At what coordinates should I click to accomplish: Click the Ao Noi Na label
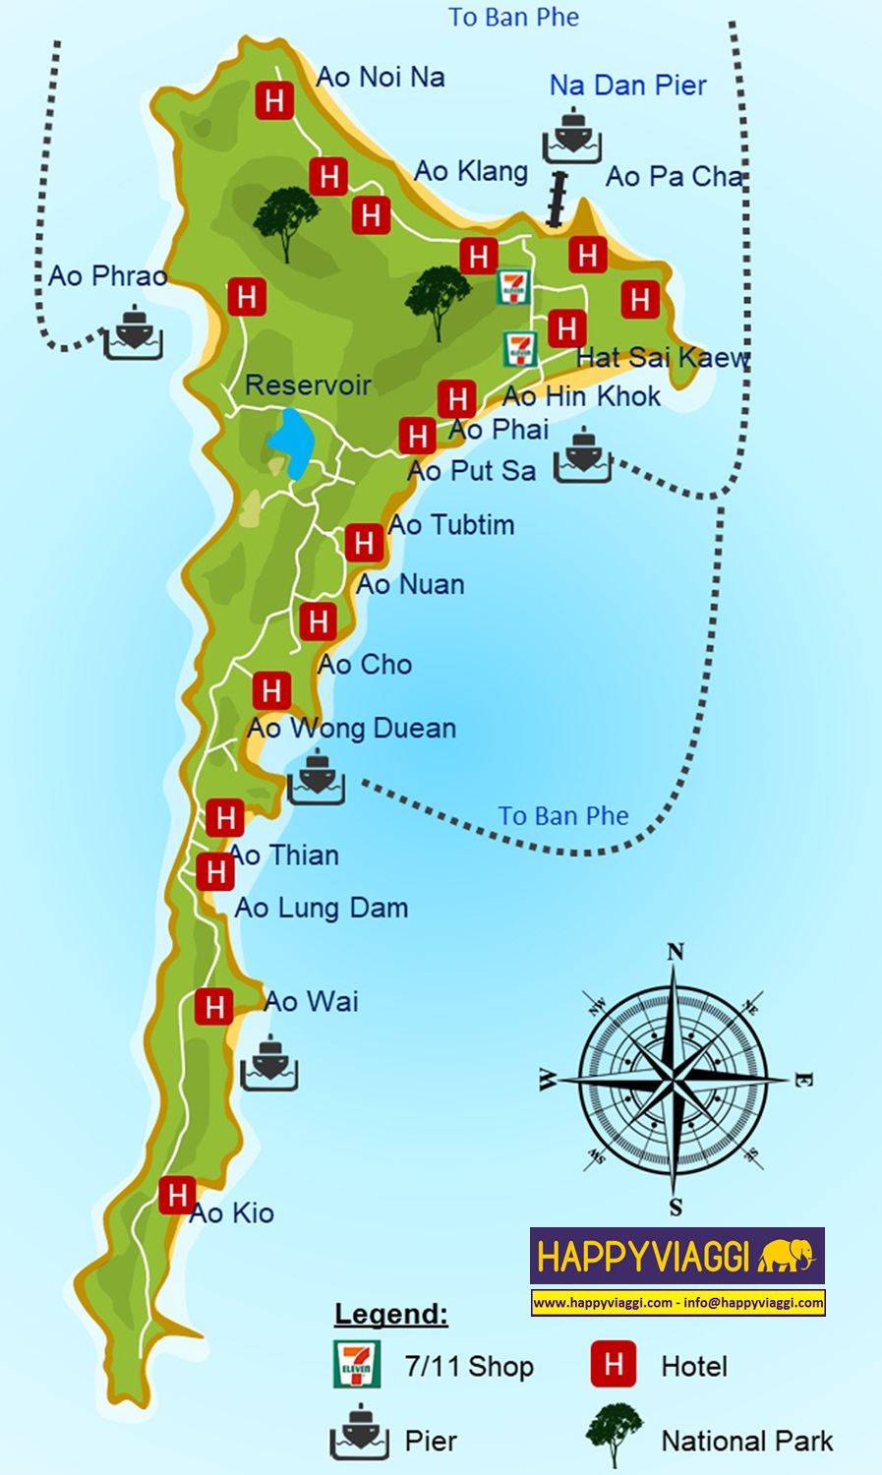point(381,77)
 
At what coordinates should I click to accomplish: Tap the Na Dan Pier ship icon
point(571,137)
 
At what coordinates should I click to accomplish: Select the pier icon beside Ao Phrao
point(133,331)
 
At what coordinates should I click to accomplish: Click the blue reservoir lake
point(291,442)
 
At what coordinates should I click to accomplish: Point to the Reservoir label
point(308,384)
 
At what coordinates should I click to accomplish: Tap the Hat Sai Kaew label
point(663,358)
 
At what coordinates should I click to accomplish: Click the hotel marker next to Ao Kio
point(177,1196)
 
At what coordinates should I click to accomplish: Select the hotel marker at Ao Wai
point(213,1007)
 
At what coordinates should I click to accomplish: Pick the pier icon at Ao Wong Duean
point(316,777)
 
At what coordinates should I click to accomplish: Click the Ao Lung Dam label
point(322,908)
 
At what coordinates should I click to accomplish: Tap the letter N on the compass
point(675,952)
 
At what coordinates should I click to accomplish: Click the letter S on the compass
point(676,1208)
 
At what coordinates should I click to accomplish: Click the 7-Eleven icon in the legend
point(356,1364)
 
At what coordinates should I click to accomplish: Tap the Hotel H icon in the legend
point(614,1364)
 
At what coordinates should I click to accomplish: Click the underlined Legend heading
point(391,1314)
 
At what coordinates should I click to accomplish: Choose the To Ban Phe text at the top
point(513,18)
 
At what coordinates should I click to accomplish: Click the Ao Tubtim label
point(451,525)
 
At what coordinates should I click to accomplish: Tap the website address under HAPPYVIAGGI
point(603,1303)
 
